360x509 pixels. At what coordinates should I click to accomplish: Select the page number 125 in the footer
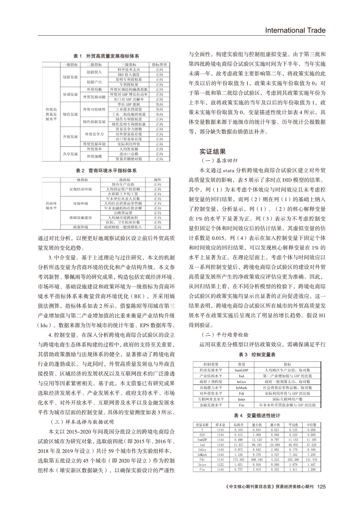322,487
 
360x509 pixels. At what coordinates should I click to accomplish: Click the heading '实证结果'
213,152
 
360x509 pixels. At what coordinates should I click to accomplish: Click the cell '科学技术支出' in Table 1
129,69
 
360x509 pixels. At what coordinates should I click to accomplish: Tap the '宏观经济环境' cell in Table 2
80,189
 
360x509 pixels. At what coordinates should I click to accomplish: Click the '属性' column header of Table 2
158,179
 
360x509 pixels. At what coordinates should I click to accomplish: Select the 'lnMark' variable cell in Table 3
242,387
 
